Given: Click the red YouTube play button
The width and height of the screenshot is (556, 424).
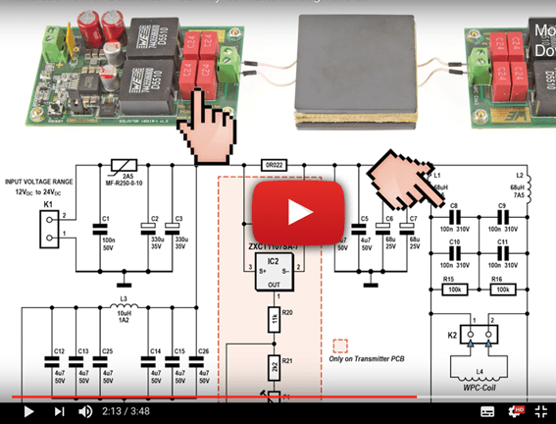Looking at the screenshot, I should [299, 212].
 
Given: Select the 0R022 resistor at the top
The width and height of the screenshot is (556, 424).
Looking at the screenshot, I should [273, 165].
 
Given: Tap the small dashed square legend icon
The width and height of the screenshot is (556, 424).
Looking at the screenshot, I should [341, 346].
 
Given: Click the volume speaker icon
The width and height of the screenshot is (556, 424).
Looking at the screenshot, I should [85, 411].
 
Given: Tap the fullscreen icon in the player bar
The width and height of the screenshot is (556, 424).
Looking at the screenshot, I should [538, 411].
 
